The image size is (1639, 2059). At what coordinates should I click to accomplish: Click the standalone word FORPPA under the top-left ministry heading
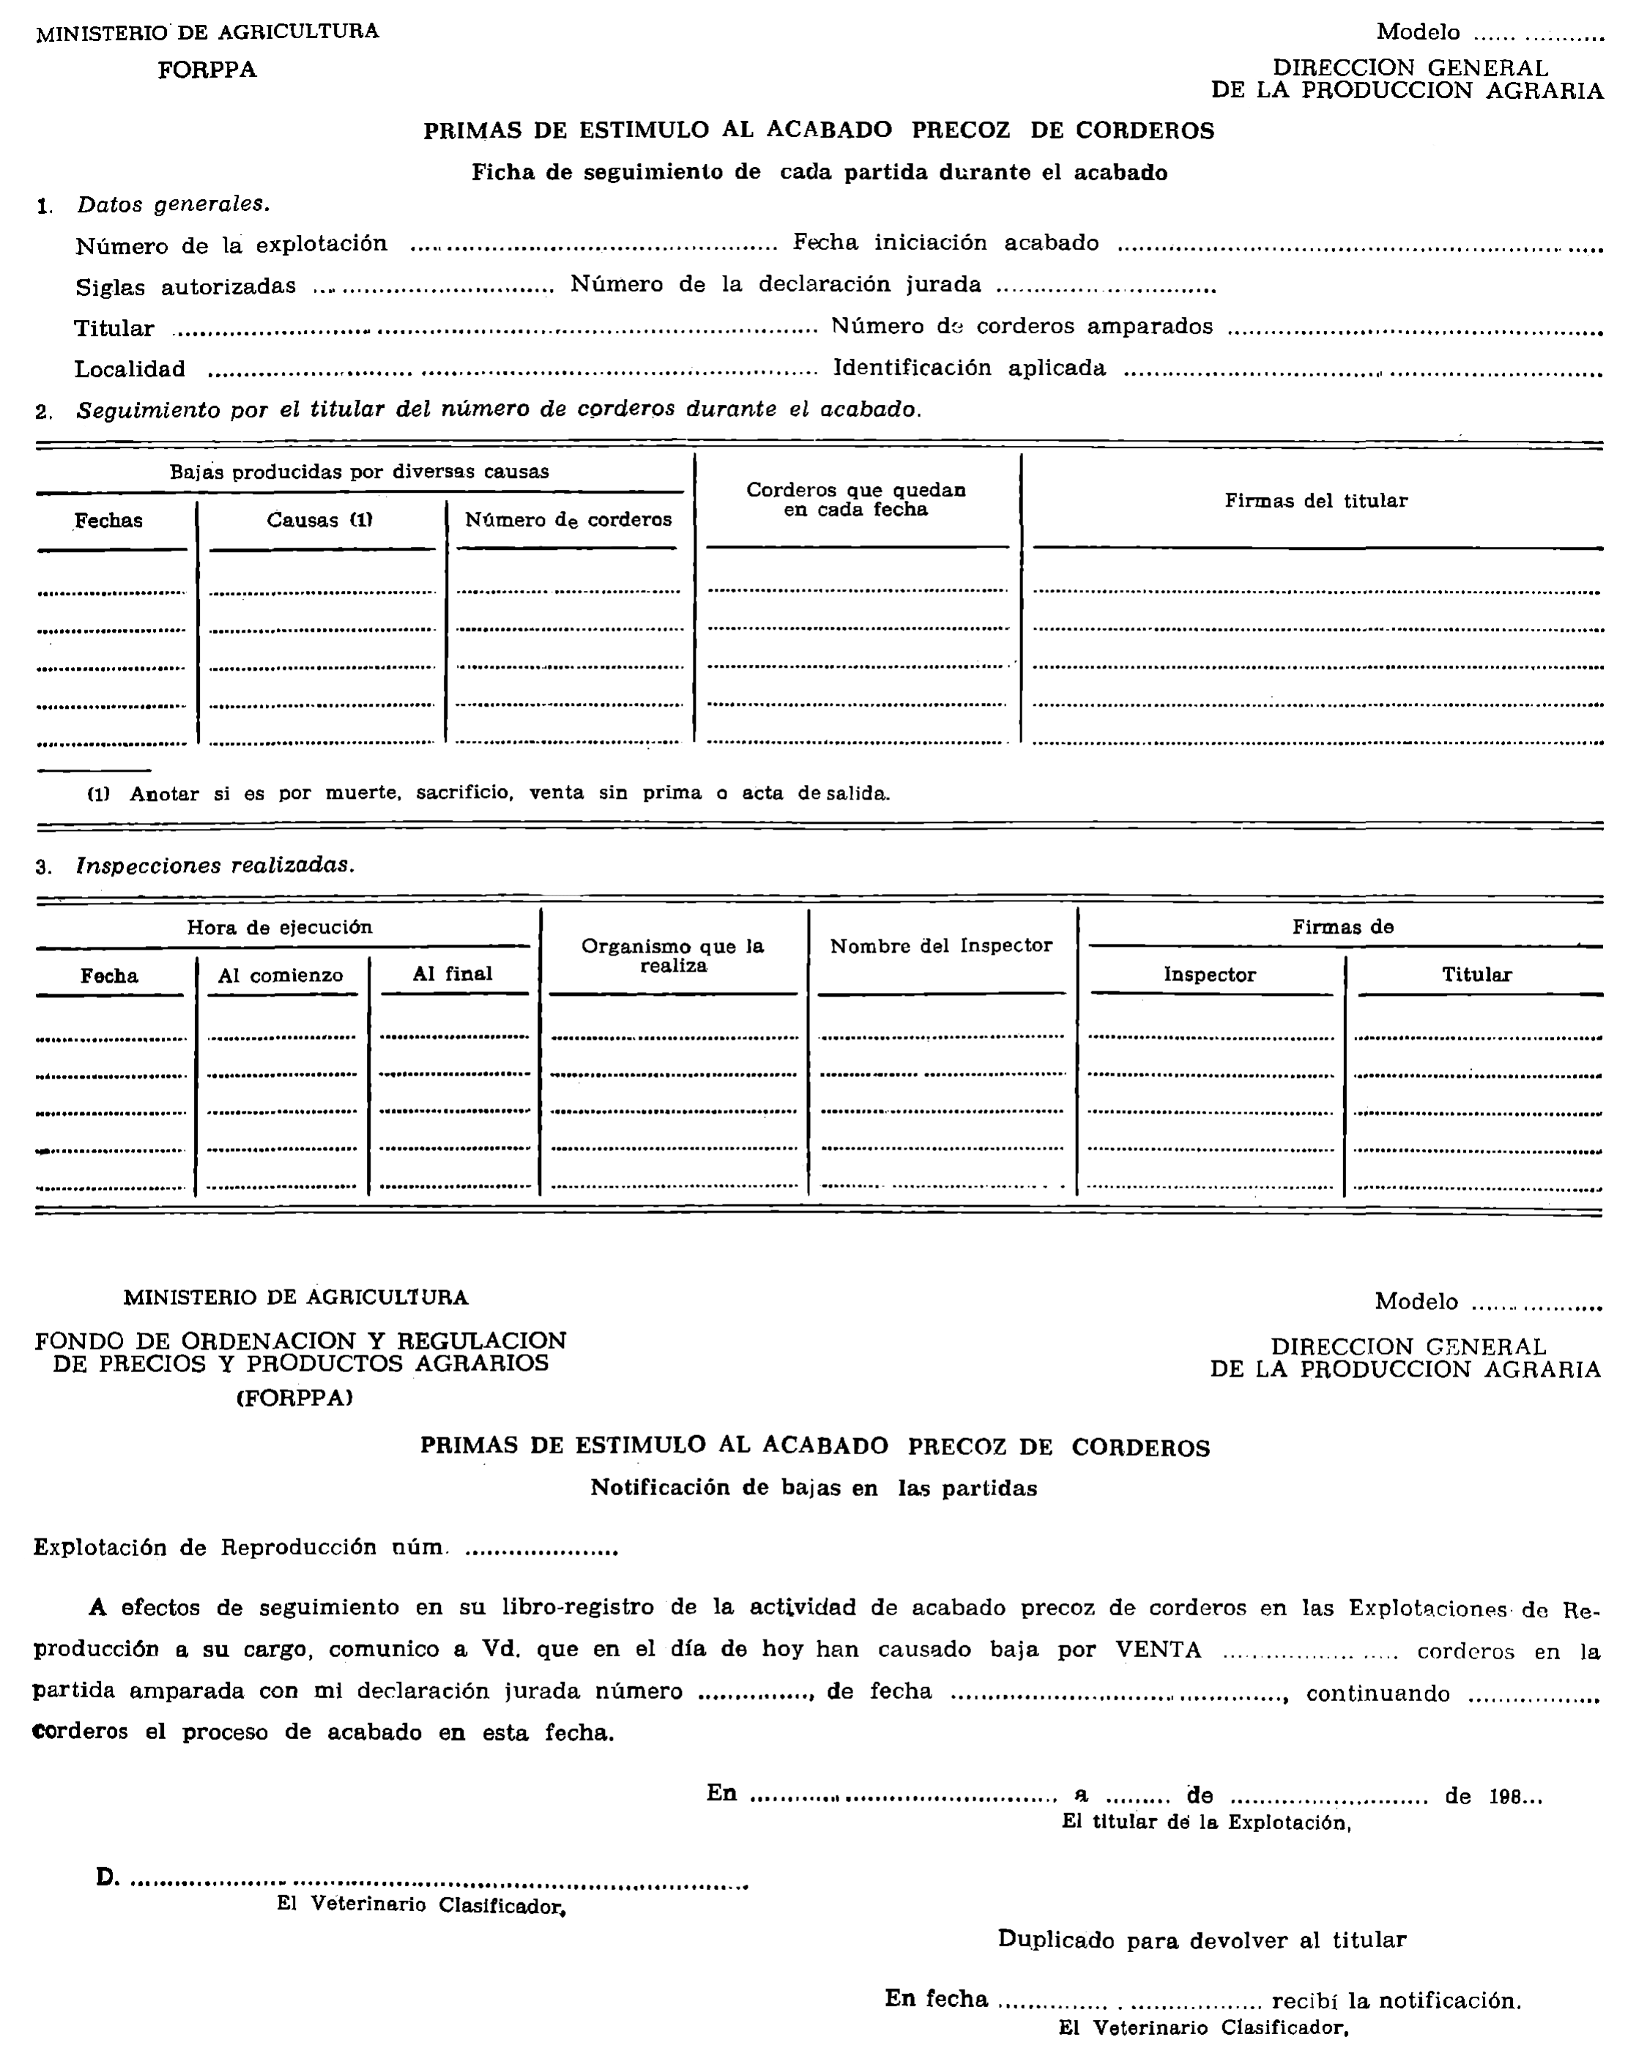click(207, 70)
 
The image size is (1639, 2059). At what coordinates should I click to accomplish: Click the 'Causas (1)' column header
click(319, 521)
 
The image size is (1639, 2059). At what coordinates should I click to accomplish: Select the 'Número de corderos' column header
click(568, 520)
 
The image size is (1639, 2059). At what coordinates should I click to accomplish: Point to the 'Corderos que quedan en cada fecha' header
click(856, 499)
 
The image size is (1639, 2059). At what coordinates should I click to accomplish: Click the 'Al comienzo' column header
click(280, 975)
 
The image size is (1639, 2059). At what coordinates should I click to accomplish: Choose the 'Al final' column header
click(453, 974)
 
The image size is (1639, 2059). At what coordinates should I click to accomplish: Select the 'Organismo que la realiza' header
click(672, 955)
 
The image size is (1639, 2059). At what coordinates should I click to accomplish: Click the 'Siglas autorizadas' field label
click(185, 286)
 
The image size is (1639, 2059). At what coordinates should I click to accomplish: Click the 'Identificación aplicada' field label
click(970, 368)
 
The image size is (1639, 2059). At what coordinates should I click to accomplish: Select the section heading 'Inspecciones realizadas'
click(215, 865)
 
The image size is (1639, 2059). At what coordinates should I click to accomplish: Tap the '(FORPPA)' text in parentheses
click(294, 1398)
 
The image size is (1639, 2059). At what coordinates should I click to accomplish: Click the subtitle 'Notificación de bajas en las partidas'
click(814, 1488)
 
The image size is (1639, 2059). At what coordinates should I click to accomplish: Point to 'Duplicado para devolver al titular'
click(1202, 1940)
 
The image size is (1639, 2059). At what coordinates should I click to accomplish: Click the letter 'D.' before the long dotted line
click(107, 1877)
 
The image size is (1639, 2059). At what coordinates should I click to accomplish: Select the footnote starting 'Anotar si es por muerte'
click(508, 794)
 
